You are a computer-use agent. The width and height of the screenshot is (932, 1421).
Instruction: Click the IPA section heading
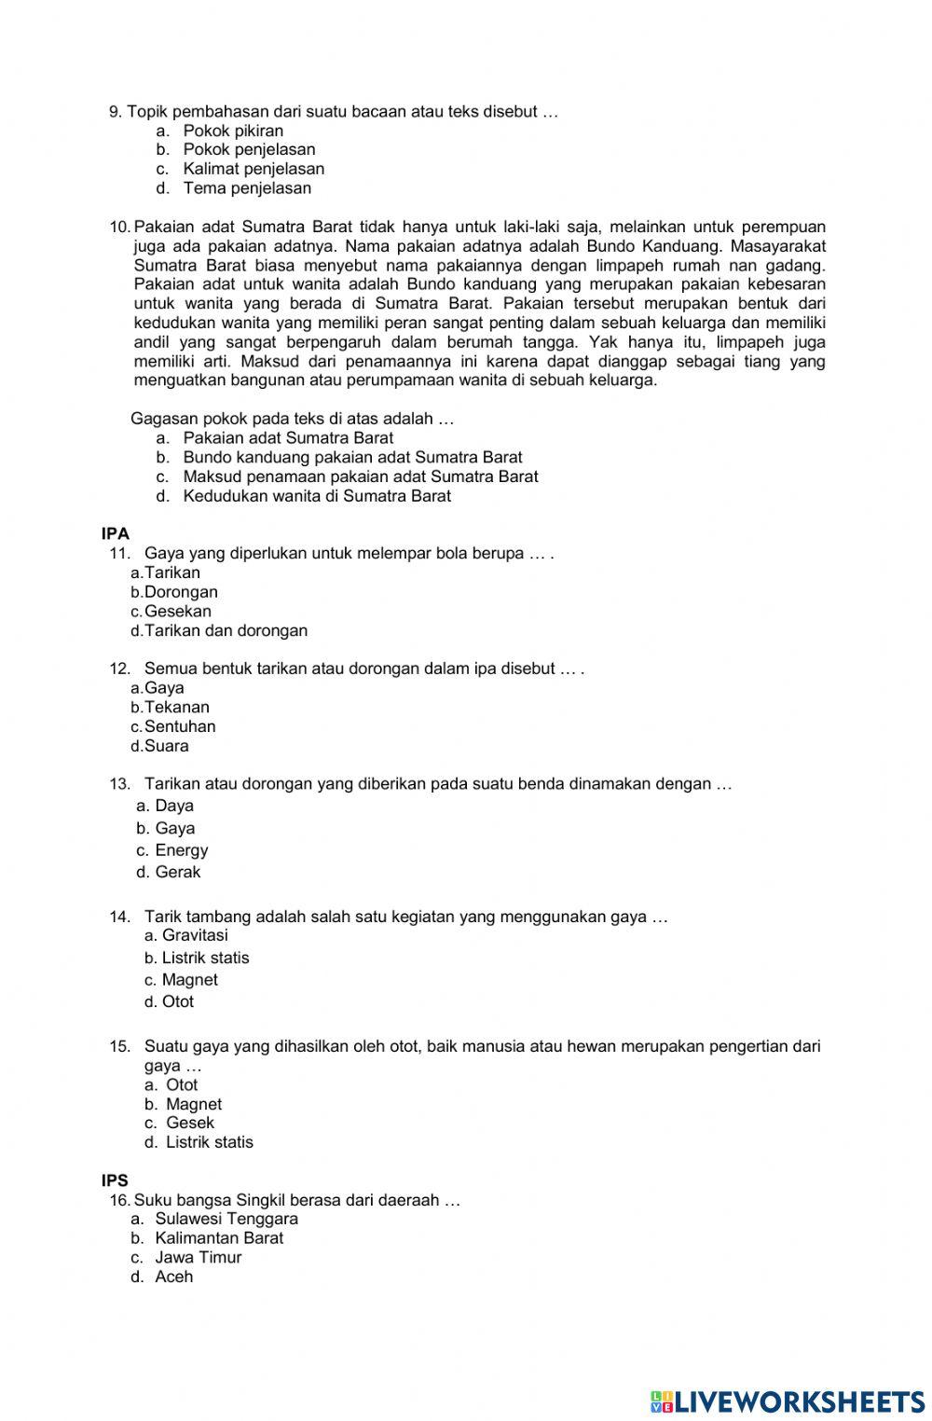pos(116,534)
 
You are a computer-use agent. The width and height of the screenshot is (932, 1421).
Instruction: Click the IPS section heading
pos(115,1180)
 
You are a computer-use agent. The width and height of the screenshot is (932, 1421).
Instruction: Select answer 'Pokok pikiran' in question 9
pos(232,131)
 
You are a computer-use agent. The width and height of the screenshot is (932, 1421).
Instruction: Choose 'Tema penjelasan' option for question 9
pos(246,188)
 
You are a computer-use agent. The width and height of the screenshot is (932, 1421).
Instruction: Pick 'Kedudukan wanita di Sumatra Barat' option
pos(316,496)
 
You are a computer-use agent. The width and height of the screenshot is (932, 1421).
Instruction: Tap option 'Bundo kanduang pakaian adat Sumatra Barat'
pos(351,458)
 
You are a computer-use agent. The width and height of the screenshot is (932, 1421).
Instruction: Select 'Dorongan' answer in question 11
pos(181,592)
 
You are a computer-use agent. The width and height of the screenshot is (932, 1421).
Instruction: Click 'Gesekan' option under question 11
pos(177,612)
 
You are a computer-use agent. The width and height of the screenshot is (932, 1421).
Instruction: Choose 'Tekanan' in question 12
pos(176,708)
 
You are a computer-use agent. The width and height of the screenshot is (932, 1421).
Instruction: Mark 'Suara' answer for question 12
pos(166,746)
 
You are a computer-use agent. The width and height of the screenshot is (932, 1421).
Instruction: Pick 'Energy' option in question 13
pos(181,850)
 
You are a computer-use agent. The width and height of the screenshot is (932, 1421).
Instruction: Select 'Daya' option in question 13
pos(173,806)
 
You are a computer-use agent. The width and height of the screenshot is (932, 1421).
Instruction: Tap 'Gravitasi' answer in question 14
pos(194,935)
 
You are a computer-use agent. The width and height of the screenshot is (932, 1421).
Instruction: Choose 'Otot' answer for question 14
pos(177,1001)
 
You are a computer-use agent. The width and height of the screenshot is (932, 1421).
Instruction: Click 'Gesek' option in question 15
pos(189,1123)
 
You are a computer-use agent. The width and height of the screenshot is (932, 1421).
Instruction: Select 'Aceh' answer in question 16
pos(173,1276)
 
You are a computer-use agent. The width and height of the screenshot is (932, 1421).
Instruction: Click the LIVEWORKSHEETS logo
pos(788,1400)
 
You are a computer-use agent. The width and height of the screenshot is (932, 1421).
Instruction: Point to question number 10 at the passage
pos(120,227)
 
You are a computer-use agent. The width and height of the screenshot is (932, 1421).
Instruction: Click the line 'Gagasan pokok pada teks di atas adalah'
pos(292,419)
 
